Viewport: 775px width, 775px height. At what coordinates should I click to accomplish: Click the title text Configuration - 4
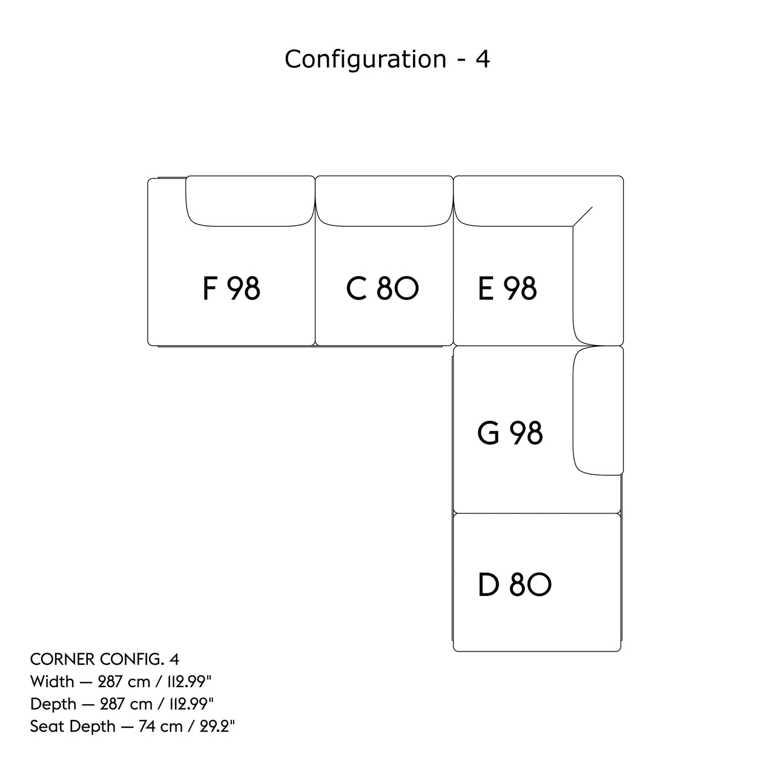pos(387,59)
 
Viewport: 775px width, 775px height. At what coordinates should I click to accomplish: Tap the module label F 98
pos(231,288)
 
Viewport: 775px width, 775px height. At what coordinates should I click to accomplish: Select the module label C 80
pos(382,288)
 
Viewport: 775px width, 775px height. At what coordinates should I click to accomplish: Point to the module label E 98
pos(507,288)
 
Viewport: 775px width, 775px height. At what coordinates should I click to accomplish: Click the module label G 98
pos(510,433)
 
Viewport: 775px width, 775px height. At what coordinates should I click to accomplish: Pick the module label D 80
pos(514,585)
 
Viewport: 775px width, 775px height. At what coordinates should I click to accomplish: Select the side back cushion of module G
pos(598,411)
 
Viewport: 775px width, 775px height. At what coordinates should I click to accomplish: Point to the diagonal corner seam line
pos(582,216)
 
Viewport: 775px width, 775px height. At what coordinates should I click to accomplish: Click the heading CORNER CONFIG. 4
pos(104,659)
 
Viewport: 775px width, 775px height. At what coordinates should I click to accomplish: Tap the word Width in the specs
pos(52,682)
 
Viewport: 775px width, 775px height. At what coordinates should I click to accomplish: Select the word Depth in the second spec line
pos(53,704)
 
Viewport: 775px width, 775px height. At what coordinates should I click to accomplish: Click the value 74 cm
pos(159,727)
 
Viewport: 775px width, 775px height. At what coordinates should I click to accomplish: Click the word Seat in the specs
pos(47,727)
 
